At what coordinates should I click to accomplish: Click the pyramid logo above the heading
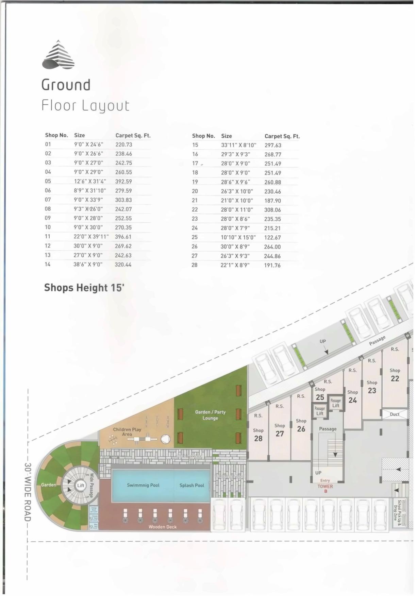tap(59, 55)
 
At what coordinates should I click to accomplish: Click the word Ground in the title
tap(66, 85)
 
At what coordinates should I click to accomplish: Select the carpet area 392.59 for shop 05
tap(123, 182)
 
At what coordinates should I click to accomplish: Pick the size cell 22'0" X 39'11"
tap(91, 237)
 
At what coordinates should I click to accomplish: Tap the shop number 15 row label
tap(195, 145)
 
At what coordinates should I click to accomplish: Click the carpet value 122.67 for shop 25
tap(272, 238)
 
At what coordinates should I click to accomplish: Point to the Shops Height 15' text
tap(84, 288)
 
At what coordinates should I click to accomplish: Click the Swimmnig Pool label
tap(143, 485)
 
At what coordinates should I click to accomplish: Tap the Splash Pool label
tap(192, 486)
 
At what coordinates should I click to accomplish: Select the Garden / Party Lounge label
tap(210, 415)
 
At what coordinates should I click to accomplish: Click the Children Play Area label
tap(127, 432)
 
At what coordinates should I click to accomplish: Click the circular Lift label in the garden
tap(81, 486)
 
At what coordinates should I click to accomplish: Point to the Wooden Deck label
tap(163, 527)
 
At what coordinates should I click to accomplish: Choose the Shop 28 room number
tap(258, 439)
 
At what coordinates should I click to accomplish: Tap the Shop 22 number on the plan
tap(395, 378)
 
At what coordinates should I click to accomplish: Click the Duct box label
tap(395, 414)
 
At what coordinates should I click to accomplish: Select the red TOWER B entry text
tap(325, 489)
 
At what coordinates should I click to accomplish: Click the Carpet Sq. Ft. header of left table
tap(133, 135)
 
